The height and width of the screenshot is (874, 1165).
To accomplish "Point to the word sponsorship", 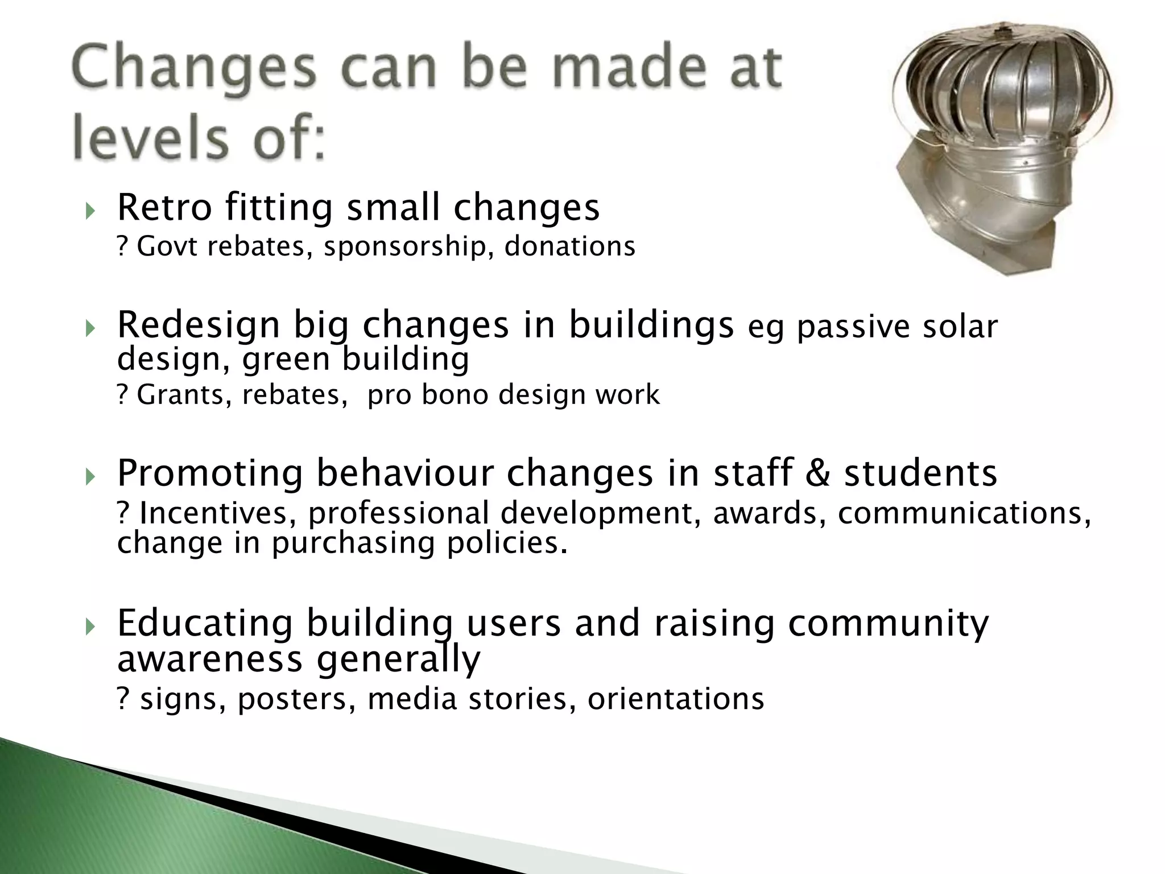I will [x=404, y=247].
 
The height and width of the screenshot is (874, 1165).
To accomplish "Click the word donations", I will [x=570, y=246].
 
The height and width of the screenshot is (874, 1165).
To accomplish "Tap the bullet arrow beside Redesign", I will [x=89, y=329].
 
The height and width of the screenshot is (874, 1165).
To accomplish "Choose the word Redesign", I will [x=199, y=325].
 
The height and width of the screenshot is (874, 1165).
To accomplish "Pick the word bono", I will [x=455, y=395].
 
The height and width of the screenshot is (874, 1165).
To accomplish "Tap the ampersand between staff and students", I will [x=818, y=473].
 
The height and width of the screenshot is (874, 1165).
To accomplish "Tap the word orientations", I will [x=676, y=699].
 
